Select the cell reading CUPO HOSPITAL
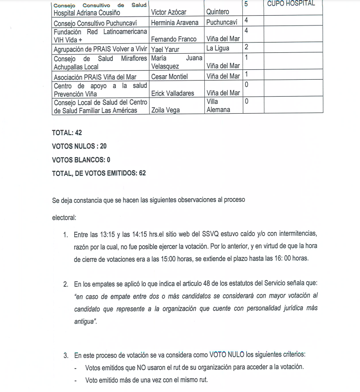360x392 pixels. pos(291,4)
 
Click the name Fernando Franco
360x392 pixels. pos(174,39)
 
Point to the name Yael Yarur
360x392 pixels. pos(165,49)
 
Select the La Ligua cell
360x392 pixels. pos(218,48)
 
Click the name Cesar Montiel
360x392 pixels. pos(169,77)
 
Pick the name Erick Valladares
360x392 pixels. pos(173,93)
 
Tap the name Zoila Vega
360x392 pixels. pos(166,110)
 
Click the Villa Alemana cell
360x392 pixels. pos(218,106)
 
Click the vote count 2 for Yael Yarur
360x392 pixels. pos(247,47)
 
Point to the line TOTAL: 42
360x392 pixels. pos(67,133)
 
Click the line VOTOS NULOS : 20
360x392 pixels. pos(79,146)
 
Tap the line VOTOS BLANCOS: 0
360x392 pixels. pos(81,159)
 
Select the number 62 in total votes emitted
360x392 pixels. pos(142,173)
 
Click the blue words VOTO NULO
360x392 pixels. pos(227,355)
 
